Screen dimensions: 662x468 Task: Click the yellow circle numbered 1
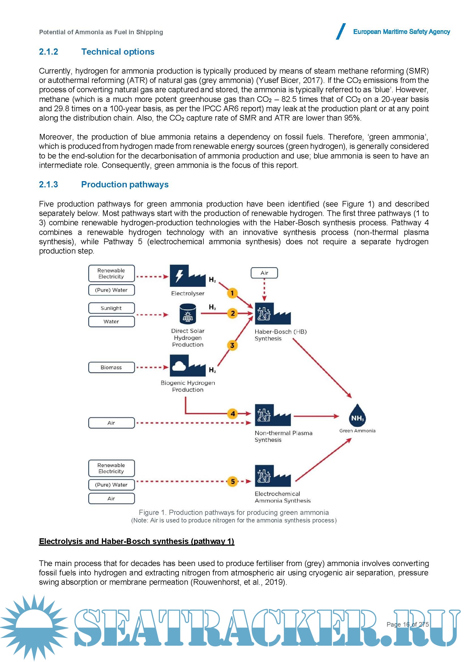click(232, 293)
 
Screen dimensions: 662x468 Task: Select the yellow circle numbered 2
click(233, 313)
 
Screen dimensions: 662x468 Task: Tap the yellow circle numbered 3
click(232, 345)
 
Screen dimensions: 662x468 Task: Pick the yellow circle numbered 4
click(233, 414)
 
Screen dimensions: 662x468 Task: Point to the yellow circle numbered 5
click(233, 481)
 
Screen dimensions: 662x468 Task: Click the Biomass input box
click(111, 367)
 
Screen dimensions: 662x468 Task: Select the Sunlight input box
click(111, 308)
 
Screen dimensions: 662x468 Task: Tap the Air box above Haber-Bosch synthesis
click(264, 273)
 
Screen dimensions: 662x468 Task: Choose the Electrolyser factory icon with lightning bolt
click(187, 276)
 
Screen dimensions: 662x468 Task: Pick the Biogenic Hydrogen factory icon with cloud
click(187, 366)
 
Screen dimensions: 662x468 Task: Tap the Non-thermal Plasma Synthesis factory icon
click(272, 415)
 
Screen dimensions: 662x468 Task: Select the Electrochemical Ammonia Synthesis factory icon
click(272, 476)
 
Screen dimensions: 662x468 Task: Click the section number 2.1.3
click(48, 184)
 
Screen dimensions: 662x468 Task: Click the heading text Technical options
click(118, 52)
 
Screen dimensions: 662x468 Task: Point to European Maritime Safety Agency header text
click(402, 32)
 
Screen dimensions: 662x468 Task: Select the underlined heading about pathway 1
click(137, 541)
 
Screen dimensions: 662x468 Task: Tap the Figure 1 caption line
click(234, 512)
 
